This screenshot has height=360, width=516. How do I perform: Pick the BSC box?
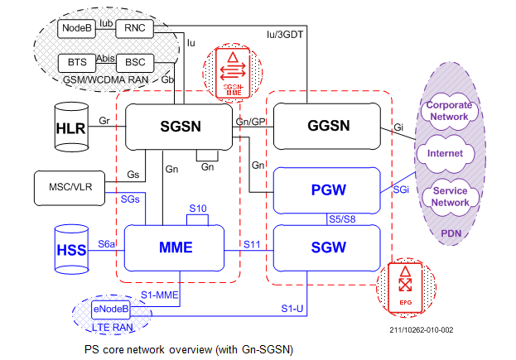pos(132,62)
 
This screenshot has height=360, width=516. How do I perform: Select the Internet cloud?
pos(446,155)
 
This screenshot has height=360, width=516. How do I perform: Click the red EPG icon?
pos(405,286)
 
